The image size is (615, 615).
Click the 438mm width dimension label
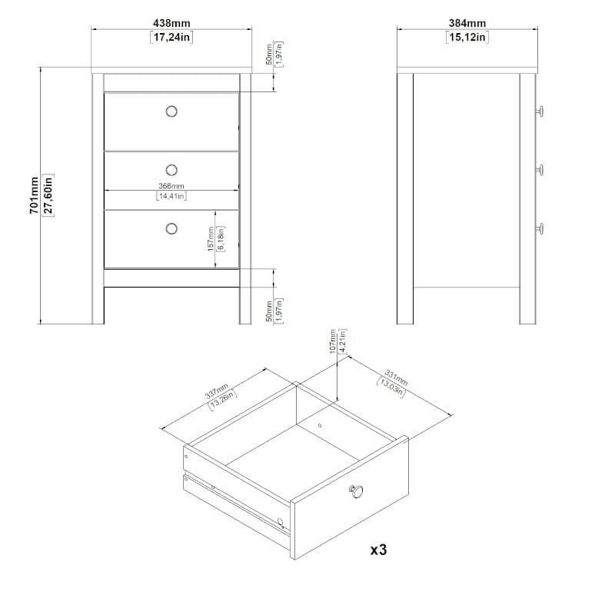171,23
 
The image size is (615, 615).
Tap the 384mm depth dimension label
467,23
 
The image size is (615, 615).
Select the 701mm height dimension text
34,195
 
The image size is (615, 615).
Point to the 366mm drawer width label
171,186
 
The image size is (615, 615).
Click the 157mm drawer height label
211,239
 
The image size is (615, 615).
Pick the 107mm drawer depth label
333,341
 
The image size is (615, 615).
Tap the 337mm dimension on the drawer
217,391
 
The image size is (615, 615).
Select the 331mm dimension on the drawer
396,377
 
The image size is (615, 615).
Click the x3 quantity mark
379,550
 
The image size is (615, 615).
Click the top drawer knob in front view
171,111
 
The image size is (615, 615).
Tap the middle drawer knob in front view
171,170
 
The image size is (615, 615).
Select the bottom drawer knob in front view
171,228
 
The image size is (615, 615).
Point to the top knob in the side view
540,111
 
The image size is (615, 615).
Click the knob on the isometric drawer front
356,491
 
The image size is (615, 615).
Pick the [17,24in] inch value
171,37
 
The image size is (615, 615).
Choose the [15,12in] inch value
467,37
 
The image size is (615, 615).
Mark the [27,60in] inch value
48,195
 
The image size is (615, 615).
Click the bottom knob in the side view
540,228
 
